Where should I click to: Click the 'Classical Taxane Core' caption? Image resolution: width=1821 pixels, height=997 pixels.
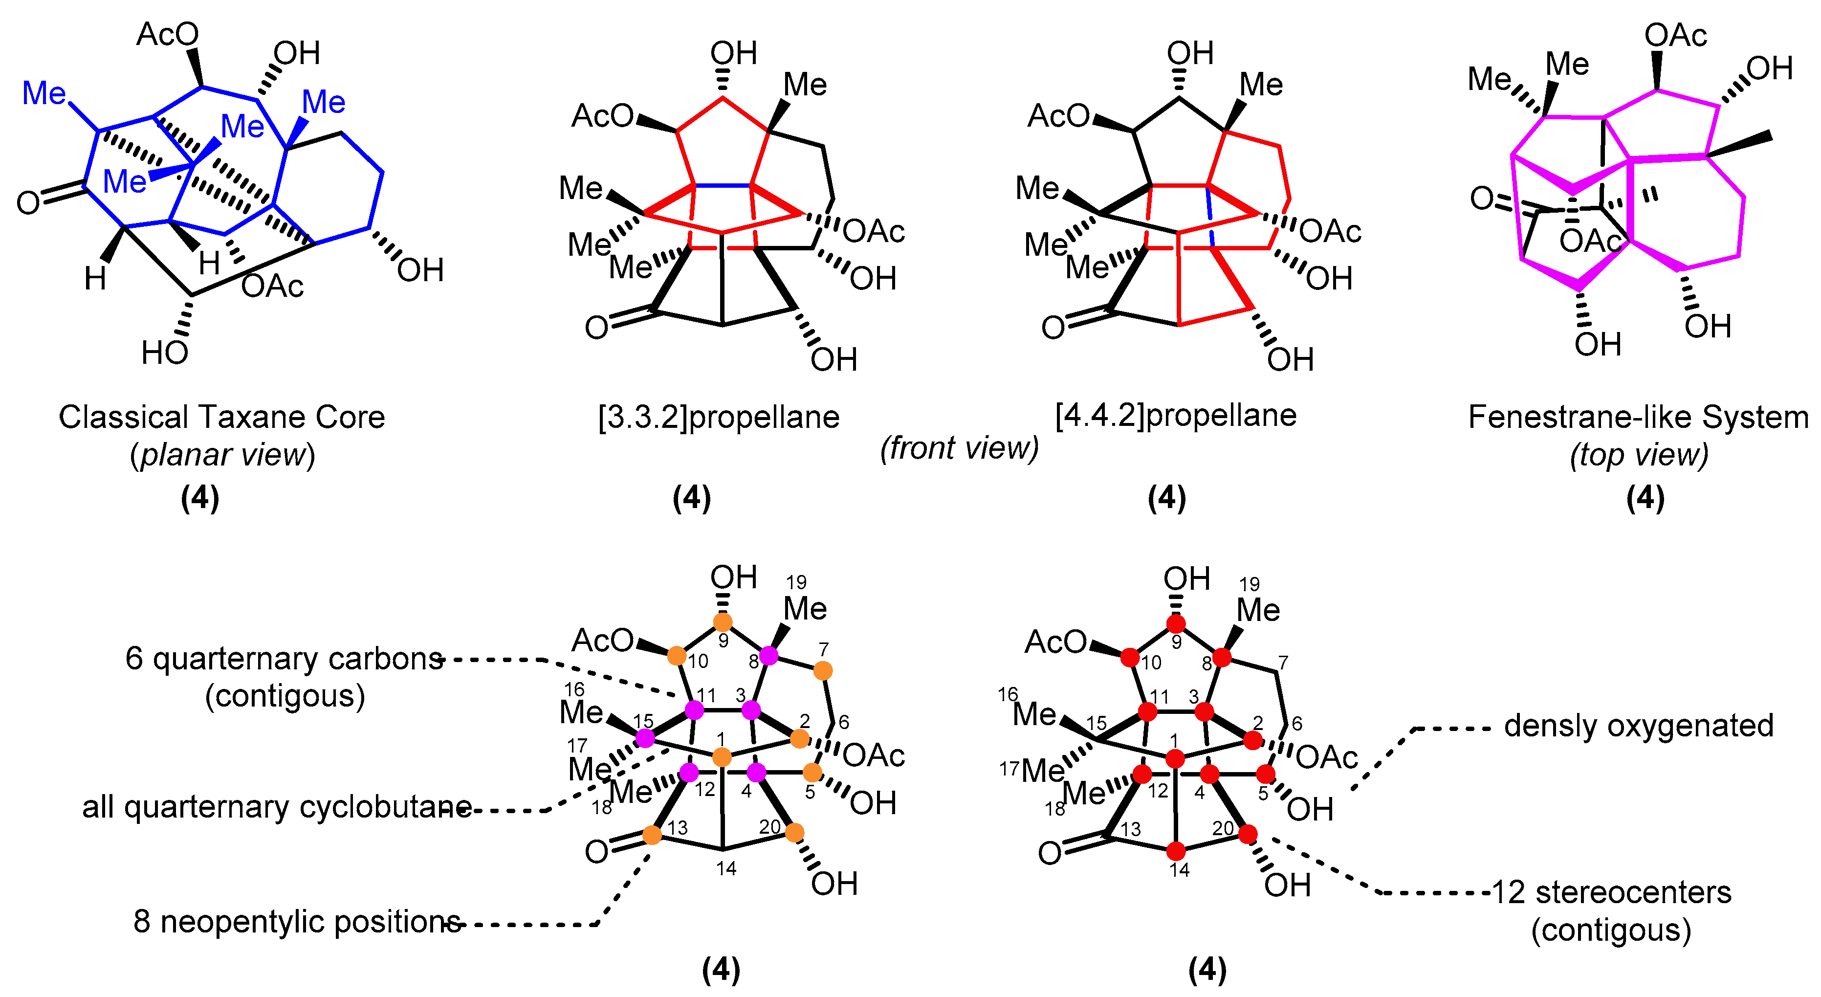coord(221,417)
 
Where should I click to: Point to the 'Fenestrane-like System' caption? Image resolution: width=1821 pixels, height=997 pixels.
coord(1638,417)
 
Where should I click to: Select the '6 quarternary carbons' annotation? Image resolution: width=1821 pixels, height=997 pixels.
coord(284,659)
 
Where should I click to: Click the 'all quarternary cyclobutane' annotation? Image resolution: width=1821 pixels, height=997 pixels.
coord(276,807)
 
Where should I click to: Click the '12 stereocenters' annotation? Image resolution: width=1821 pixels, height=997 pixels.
coord(1611,892)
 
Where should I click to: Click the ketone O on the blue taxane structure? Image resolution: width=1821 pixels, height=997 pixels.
coord(28,203)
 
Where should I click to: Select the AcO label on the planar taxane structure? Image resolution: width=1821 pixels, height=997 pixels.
coord(168,34)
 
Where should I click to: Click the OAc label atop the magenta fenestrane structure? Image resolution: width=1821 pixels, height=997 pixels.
coord(1675,35)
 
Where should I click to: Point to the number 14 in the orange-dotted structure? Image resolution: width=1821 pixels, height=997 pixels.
coord(726,869)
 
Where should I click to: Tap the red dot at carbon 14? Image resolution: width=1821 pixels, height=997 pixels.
coord(1176,851)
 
